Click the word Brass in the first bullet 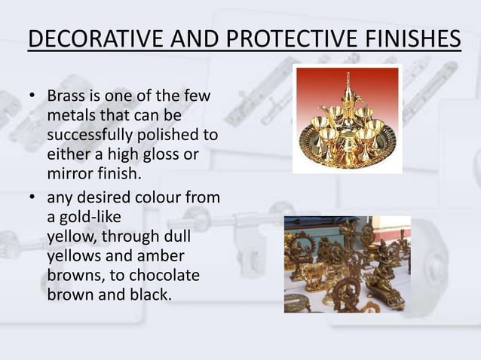tap(66, 97)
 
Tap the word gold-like tap(89, 218)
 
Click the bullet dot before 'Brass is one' tap(33, 98)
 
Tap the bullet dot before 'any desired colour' tap(33, 199)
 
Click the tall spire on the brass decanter tap(349, 81)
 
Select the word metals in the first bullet tap(70, 117)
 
